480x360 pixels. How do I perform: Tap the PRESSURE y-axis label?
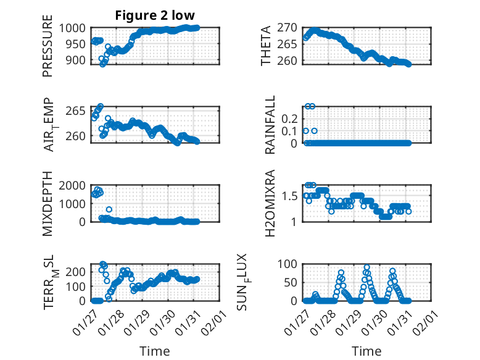pos(48,51)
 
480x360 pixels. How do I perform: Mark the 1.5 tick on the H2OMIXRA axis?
pos(291,196)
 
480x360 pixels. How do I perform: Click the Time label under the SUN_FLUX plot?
pos(366,351)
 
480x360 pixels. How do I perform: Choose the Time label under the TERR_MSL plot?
pos(154,351)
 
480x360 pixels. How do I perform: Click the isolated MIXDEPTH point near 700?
pos(109,209)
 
